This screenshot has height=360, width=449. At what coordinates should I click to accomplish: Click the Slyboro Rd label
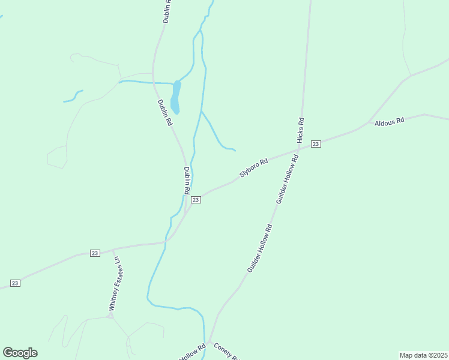click(253, 167)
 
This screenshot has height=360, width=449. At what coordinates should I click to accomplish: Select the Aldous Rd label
click(389, 122)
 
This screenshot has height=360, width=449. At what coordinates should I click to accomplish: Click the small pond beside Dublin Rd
click(175, 97)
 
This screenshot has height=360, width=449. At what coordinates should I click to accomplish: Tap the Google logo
click(20, 353)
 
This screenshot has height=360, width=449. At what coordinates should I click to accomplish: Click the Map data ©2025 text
click(424, 355)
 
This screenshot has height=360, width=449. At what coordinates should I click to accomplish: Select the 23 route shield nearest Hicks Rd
click(316, 144)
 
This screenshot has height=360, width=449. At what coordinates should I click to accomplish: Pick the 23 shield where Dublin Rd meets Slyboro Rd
click(195, 200)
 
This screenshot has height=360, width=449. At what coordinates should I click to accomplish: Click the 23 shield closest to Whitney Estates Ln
click(95, 253)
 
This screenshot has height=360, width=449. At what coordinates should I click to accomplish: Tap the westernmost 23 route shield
click(15, 283)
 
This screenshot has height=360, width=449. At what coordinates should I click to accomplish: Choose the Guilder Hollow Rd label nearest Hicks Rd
click(287, 179)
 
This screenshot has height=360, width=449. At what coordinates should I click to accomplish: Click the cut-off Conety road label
click(227, 352)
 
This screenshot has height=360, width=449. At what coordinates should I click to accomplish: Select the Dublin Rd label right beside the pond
click(164, 112)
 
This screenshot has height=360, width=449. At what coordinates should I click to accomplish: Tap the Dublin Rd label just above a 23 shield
click(187, 179)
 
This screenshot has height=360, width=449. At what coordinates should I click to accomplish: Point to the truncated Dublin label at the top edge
click(167, 11)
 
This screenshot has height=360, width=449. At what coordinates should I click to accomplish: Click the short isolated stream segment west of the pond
click(73, 97)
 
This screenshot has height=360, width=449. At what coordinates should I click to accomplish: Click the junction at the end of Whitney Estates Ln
click(111, 316)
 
